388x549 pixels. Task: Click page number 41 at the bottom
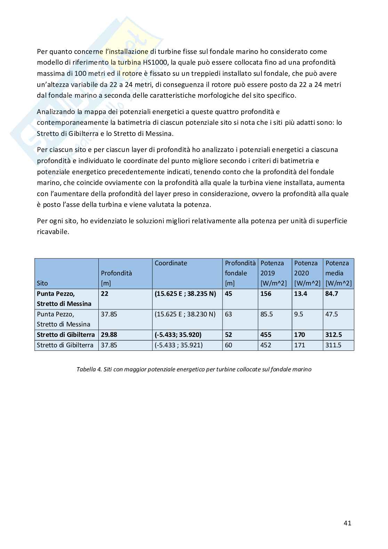pos(347,523)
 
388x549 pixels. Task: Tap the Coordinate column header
pos(171,263)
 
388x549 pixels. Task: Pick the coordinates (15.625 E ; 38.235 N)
pos(185,294)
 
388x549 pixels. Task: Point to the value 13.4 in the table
pos(300,294)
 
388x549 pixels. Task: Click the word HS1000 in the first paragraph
pos(154,63)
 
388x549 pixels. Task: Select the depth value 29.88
pos(109,335)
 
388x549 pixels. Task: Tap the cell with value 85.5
pos(267,314)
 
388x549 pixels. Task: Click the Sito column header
pos(42,283)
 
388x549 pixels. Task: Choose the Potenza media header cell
pos(338,273)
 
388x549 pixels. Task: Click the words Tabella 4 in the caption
pos(88,369)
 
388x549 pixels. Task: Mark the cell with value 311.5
pos(333,345)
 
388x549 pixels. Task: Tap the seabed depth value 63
pos(228,314)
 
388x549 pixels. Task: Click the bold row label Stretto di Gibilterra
pos(66,335)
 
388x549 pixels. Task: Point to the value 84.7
pos(332,294)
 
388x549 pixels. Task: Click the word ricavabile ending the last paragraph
pos(53,232)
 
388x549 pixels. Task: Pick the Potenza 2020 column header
pos(307,273)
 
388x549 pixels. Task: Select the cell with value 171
pos(299,345)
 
